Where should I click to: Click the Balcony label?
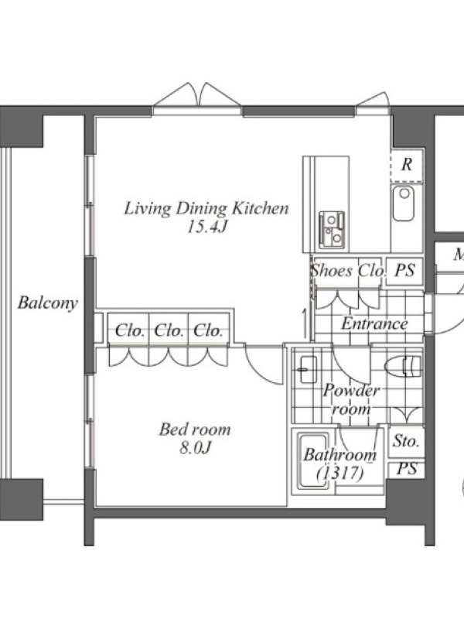point(48,303)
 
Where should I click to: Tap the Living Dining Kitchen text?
point(206,208)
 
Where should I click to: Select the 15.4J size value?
point(207,227)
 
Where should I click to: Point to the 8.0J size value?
point(196,447)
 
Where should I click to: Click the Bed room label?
point(195,429)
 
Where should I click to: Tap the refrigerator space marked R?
point(407,164)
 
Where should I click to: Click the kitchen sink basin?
point(403,203)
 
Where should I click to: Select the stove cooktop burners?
point(332,230)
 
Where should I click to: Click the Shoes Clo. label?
point(347,271)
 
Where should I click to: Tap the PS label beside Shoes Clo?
point(404,270)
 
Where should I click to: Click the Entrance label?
point(374,323)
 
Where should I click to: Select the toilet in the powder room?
point(403,365)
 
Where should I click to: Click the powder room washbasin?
point(308,370)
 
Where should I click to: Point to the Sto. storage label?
point(406,441)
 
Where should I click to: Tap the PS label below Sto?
point(407,469)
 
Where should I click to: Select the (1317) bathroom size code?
point(340,473)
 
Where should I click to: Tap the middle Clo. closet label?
point(169,330)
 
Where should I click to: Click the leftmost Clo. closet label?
point(129,330)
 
